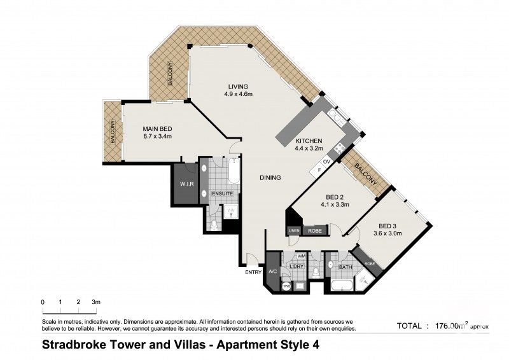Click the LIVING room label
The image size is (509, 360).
pos(239,87)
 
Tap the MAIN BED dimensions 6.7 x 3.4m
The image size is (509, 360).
pos(158,136)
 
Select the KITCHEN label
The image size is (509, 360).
pos(309,141)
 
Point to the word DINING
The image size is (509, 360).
pos(270,178)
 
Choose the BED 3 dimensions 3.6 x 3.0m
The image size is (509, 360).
pos(393,234)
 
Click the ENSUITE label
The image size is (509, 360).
pos(223,193)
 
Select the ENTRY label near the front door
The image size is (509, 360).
pos(253,273)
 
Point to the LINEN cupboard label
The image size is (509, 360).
pos(294,230)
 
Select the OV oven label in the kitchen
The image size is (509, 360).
pos(326,162)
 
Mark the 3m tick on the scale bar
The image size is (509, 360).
pos(96,301)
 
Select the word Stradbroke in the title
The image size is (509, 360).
pos(74,345)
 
